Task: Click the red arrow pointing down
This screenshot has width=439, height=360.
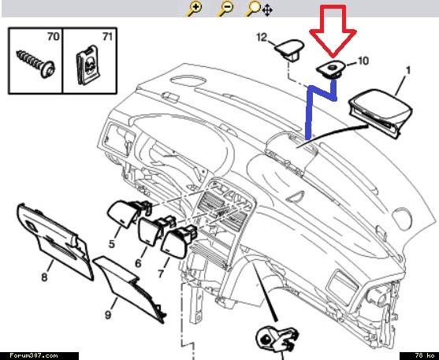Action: (x=333, y=31)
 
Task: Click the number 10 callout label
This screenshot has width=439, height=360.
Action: (x=363, y=61)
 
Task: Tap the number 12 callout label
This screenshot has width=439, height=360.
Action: (x=262, y=37)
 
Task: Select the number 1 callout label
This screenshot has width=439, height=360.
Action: (x=408, y=70)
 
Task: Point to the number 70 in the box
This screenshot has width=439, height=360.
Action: (x=53, y=36)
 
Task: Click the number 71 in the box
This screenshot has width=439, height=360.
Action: (x=107, y=36)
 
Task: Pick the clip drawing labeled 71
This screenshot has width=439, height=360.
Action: (x=88, y=66)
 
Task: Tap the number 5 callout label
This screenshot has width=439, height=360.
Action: (x=112, y=244)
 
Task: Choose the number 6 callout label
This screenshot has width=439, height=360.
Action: (x=138, y=263)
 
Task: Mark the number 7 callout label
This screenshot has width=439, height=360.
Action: (x=161, y=273)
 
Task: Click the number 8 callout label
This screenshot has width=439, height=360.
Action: (x=44, y=277)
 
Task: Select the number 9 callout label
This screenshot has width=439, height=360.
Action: (x=108, y=315)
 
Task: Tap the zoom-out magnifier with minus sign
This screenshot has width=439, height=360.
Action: (x=225, y=9)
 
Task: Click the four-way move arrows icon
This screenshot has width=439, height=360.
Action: (x=267, y=11)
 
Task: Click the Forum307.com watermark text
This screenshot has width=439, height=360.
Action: (x=34, y=356)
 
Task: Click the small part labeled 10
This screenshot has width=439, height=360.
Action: (x=330, y=69)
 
